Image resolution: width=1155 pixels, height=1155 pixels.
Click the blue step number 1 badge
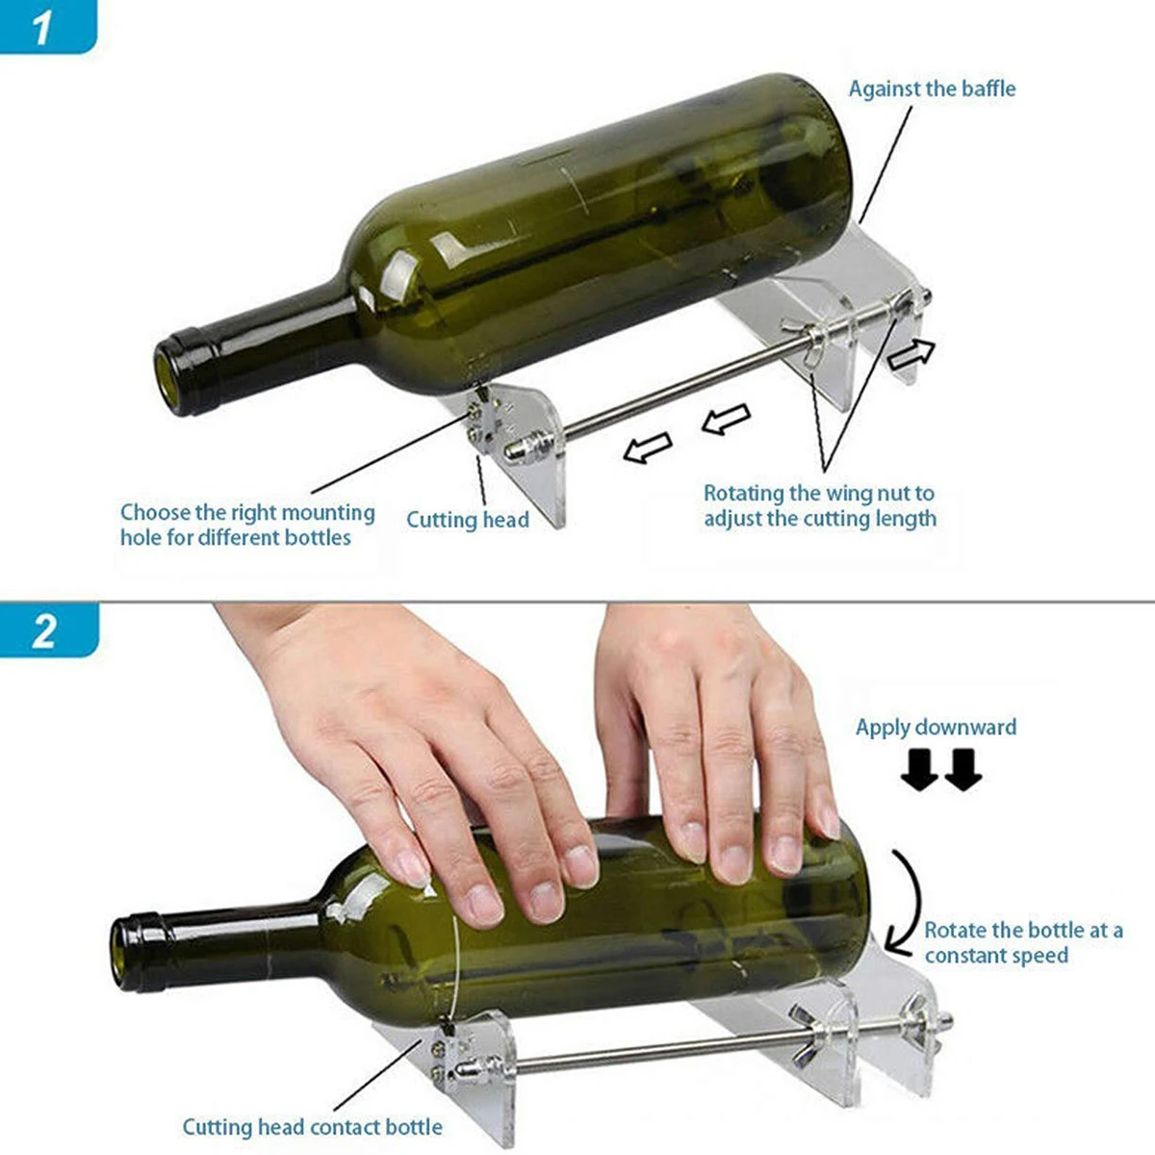47,26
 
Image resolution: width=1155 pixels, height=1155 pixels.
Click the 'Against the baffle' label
932,89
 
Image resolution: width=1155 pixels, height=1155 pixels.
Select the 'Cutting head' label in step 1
468,520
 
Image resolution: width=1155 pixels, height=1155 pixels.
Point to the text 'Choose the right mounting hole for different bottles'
247,526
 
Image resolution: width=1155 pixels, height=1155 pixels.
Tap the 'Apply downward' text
936,727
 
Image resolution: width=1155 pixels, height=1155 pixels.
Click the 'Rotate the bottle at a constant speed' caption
1023,942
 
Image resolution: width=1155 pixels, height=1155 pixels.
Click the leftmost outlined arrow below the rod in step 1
648,448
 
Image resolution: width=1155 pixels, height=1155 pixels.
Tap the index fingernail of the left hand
414,870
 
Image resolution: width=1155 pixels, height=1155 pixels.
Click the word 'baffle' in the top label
988,89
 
